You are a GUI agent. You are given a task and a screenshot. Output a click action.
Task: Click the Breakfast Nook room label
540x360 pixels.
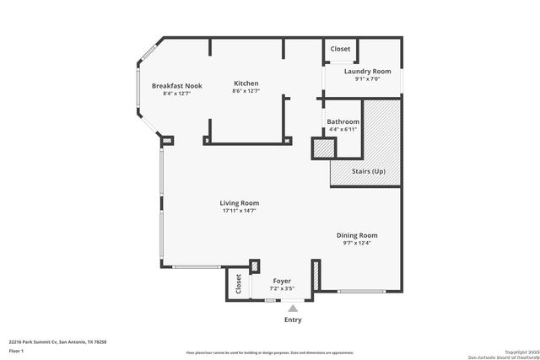[x=176, y=86]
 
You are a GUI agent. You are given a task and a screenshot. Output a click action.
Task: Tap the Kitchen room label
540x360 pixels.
[x=246, y=83]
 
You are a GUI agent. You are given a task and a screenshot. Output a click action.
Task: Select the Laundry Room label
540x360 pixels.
[x=368, y=72]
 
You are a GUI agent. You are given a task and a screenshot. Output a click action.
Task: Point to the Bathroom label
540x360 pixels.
[x=343, y=121]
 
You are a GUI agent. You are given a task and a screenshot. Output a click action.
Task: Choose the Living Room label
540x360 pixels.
[x=239, y=203]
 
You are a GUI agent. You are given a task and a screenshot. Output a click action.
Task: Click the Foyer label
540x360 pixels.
[x=282, y=282]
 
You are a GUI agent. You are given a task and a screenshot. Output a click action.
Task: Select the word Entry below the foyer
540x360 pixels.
[x=293, y=320]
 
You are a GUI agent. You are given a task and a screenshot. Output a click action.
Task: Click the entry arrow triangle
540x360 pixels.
[x=293, y=309]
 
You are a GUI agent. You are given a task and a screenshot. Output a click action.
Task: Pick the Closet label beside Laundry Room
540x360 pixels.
[x=340, y=50]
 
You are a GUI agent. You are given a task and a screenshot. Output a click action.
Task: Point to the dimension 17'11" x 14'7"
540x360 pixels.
[x=239, y=211]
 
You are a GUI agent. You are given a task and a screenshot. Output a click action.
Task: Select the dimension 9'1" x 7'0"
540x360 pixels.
[x=368, y=79]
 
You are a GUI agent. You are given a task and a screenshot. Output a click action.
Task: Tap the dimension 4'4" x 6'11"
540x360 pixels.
[x=343, y=129]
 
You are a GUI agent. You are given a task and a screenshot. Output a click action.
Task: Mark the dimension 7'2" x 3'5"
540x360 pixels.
[x=282, y=289]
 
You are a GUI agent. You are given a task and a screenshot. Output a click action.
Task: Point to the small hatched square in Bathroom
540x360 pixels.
[x=322, y=148]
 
